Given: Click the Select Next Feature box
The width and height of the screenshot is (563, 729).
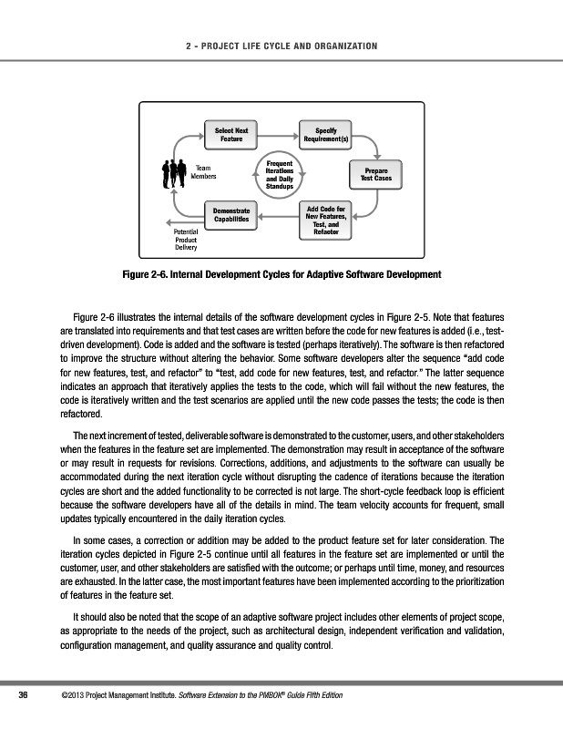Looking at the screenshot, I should (230, 136).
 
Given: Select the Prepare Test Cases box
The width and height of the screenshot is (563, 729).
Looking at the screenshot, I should (375, 173).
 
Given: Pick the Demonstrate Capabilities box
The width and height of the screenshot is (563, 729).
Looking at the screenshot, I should (231, 214).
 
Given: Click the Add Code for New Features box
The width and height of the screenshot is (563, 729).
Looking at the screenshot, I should (325, 220).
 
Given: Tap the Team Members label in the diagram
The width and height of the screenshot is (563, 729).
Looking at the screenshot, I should (204, 173).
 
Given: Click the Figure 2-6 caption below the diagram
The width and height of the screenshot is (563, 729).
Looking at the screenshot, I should (281, 274).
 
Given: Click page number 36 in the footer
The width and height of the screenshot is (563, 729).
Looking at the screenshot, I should (25, 697).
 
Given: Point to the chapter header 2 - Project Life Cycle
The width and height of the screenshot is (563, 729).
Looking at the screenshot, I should (281, 46).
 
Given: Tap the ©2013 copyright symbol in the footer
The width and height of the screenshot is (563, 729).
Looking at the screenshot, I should (59, 697).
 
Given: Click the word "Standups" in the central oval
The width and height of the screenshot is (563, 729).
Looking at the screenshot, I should (278, 187).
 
